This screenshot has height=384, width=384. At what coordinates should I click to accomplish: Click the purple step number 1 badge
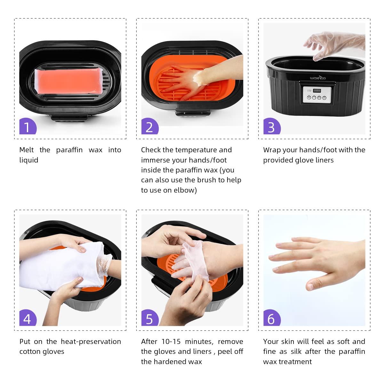pos(28,127)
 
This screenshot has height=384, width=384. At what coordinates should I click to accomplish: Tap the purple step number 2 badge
pos(149,127)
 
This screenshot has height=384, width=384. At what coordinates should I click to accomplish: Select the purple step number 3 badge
pos(271,127)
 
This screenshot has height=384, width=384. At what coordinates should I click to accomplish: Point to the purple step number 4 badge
pos(28,318)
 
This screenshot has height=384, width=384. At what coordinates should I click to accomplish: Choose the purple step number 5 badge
pos(149,318)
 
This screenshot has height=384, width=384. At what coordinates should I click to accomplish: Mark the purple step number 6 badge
pos(271,318)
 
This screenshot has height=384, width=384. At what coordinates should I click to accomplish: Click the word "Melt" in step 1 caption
pos(27,150)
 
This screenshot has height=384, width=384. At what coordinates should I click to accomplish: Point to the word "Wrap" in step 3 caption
pos(272,150)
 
